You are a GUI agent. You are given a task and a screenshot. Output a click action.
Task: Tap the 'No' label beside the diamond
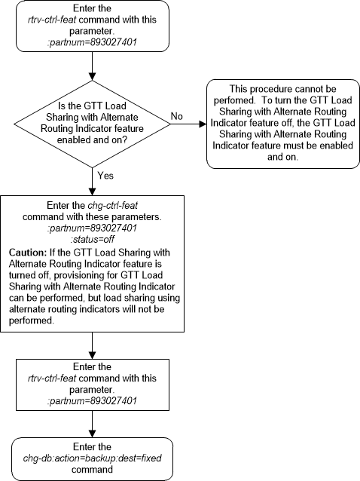click(178, 117)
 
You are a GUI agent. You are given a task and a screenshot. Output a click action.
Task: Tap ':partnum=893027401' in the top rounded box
click(91, 42)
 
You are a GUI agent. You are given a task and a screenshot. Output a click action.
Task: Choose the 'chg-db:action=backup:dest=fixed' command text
click(91, 459)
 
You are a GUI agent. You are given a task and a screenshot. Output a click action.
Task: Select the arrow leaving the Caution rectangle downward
click(91, 344)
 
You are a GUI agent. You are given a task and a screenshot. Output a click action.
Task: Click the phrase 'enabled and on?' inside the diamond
click(91, 140)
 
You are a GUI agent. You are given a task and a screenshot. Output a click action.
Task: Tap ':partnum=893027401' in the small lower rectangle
click(91, 401)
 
